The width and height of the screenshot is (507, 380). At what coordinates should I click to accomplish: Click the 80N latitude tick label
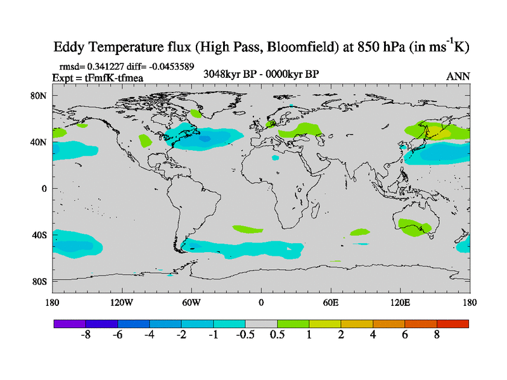pos(39,96)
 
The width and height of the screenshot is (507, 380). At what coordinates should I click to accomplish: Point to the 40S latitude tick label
pos(39,235)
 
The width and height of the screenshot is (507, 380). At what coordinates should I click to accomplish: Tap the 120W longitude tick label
pos(122,303)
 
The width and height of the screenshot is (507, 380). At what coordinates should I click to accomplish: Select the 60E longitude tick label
pos(330,303)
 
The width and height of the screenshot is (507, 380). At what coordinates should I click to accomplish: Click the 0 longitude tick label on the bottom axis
pos(261,303)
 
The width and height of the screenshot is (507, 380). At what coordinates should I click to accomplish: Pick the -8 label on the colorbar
pos(86,335)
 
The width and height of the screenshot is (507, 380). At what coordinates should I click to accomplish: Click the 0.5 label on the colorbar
pos(277,335)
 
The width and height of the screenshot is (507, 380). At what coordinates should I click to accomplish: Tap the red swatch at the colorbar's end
pos(452,324)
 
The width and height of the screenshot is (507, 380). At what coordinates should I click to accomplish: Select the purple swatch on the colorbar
pos(70,324)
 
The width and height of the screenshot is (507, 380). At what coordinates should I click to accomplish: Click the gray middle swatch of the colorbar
pos(261,324)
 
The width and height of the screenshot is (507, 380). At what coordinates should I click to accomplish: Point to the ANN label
pos(458,76)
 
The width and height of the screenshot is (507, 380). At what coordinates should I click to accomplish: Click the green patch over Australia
pos(415,226)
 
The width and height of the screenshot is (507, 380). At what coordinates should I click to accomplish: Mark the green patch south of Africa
pos(248,229)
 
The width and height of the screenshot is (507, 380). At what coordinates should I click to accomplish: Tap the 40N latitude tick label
pos(39,142)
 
